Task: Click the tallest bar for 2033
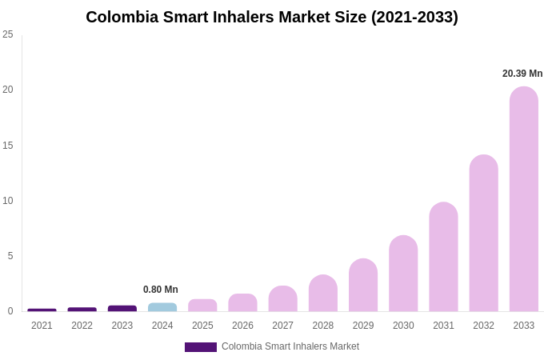524,199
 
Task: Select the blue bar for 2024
162,307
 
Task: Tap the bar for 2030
403,274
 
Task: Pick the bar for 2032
483,233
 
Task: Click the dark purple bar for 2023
122,308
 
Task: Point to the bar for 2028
323,293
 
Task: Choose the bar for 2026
242,302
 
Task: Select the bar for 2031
443,257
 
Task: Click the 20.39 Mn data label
522,74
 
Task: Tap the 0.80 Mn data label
161,290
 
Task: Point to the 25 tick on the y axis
8,34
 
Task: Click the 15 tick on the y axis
8,146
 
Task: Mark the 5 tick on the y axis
10,256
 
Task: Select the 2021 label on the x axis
42,326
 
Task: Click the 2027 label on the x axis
282,326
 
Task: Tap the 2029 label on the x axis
363,326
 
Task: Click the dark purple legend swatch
201,347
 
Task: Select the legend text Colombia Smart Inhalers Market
290,346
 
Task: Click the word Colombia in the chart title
122,17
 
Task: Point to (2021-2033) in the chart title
414,17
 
